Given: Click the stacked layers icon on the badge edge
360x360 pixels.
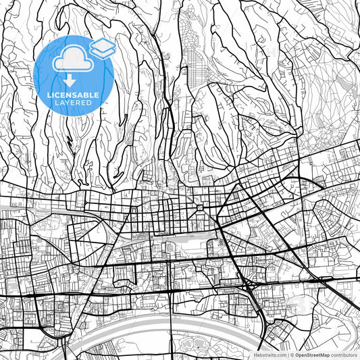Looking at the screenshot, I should [x=102, y=47].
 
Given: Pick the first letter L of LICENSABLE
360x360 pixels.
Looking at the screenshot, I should [x=51, y=95].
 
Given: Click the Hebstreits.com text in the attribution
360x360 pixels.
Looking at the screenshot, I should [x=268, y=354].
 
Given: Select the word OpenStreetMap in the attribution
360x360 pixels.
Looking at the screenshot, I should [x=315, y=354].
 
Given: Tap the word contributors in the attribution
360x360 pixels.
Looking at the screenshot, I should [x=344, y=354].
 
